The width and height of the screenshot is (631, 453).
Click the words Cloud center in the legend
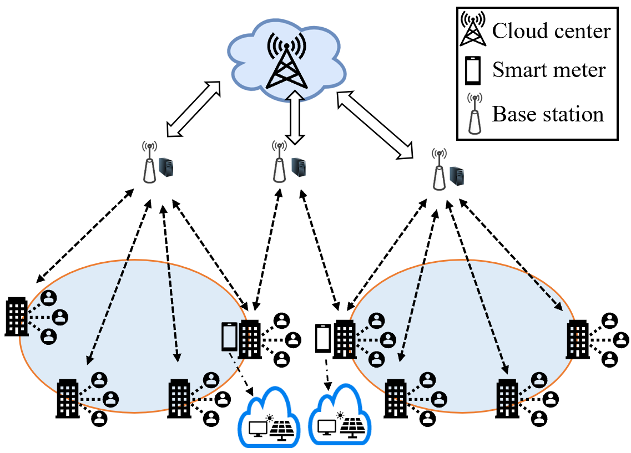tap(551, 31)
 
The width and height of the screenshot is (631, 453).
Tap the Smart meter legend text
tap(549, 69)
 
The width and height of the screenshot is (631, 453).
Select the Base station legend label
tap(548, 114)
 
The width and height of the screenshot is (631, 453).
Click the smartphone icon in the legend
tap(473, 71)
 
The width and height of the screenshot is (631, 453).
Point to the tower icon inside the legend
tap(473, 28)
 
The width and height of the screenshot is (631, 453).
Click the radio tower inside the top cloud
tap(286, 60)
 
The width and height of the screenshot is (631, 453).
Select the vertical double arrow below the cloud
tap(296, 118)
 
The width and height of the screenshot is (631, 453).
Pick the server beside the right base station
tap(457, 176)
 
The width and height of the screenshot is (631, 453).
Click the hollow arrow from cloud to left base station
tap(194, 109)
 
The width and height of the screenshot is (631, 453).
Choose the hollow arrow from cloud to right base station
tap(375, 125)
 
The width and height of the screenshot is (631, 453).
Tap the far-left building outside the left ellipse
tap(17, 317)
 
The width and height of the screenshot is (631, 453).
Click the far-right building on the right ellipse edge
tap(578, 339)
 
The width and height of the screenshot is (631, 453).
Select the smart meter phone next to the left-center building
tap(230, 337)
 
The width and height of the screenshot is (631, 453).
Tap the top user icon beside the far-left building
tap(49, 298)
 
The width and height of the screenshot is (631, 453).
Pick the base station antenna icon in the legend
tap(475, 114)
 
